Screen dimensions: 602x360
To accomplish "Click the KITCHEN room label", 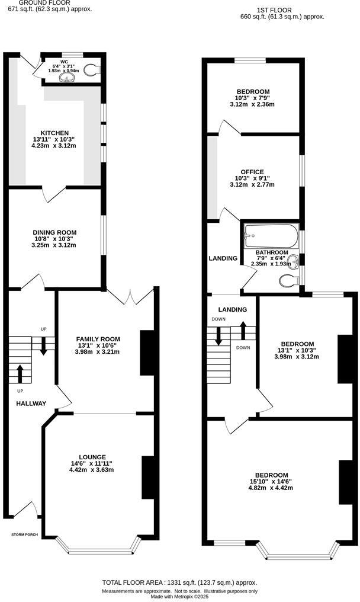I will pyautogui.click(x=54, y=133).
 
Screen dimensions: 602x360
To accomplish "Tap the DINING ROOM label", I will pyautogui.click(x=54, y=232).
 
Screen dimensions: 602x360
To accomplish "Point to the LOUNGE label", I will pyautogui.click(x=91, y=456).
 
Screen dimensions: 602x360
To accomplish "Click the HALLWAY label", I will pyautogui.click(x=31, y=404).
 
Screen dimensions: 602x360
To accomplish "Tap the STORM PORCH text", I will pyautogui.click(x=25, y=535).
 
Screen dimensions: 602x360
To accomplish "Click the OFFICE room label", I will pyautogui.click(x=252, y=172).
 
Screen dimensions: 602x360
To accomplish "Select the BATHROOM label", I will pyautogui.click(x=272, y=252).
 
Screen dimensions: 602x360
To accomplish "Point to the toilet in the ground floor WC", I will pyautogui.click(x=91, y=70).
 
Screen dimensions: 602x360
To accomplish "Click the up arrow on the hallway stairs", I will pyautogui.click(x=20, y=374).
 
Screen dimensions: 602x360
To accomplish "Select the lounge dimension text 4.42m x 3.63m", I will pyautogui.click(x=91, y=470).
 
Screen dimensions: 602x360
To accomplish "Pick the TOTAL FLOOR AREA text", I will pyautogui.click(x=179, y=582).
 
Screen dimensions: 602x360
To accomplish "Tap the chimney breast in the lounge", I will pyautogui.click(x=146, y=478).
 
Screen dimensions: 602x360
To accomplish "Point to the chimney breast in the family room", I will pyautogui.click(x=145, y=353).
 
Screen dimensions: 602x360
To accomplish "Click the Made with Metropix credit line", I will pyautogui.click(x=180, y=597).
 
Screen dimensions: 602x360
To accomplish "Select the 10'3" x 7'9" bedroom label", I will pyautogui.click(x=253, y=98).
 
